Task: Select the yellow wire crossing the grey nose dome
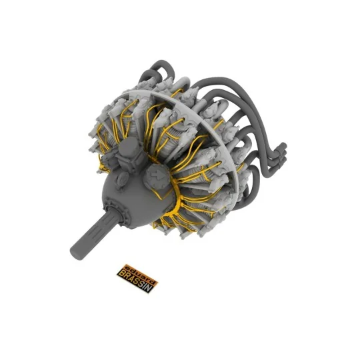pos(152,193)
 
